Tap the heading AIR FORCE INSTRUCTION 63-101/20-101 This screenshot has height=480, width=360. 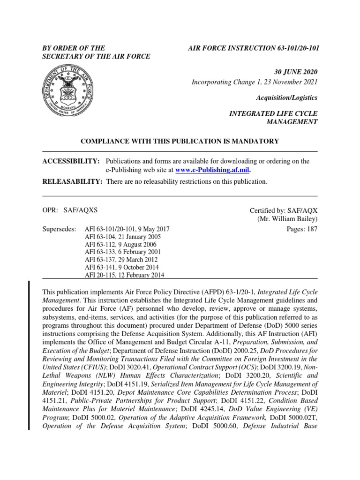coord(254,48)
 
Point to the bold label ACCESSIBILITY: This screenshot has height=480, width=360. coord(71,161)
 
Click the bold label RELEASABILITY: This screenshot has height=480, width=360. coord(72,181)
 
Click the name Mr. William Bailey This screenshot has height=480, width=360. coord(287,219)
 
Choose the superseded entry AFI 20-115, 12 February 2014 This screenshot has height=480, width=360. coord(124,275)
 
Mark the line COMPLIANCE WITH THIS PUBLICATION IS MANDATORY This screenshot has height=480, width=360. coord(180,141)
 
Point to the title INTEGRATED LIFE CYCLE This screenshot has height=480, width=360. coord(272,113)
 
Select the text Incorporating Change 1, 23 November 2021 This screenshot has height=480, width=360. coord(255,82)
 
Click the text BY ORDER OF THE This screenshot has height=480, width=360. coord(74,48)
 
